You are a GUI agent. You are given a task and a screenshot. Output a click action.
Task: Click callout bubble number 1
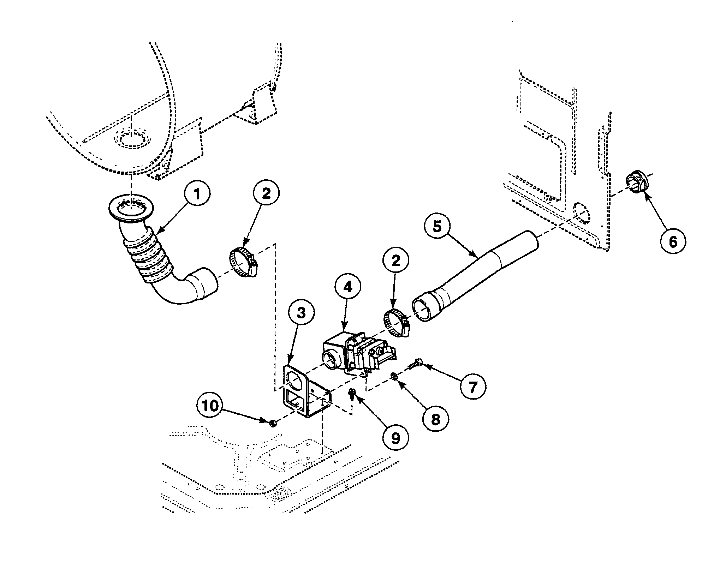[x=197, y=194]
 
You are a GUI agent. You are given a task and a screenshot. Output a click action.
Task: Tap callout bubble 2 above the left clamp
[x=266, y=194]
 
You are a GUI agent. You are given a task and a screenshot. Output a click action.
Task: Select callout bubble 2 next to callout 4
[x=395, y=261]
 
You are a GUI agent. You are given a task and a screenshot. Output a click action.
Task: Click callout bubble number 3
[x=301, y=312]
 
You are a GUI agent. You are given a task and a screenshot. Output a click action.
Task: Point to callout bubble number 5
[x=438, y=227]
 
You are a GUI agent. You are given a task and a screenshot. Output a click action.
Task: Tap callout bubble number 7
[x=473, y=387]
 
